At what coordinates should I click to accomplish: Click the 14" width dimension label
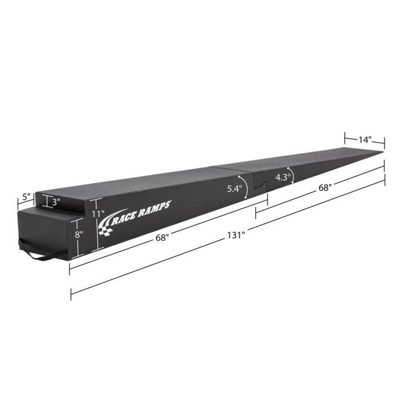365,140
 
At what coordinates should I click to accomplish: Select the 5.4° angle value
234,189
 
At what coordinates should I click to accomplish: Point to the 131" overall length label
235,235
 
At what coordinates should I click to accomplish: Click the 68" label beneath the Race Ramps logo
163,238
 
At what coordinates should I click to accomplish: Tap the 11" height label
97,214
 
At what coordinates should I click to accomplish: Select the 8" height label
79,233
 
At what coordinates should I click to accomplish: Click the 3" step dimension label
56,202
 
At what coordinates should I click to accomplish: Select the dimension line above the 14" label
364,133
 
